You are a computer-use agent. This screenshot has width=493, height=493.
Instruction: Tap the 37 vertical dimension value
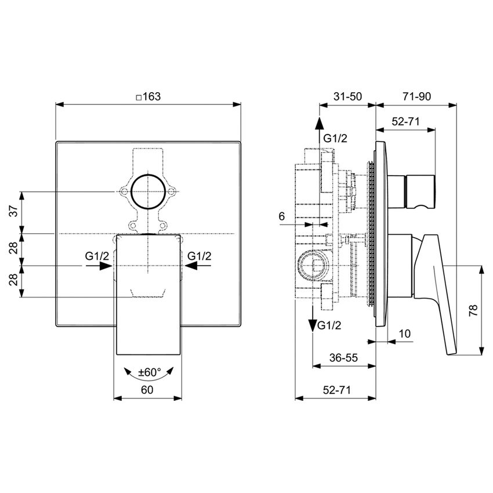click(x=13, y=211)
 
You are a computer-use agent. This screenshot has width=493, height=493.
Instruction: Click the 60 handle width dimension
click(x=147, y=390)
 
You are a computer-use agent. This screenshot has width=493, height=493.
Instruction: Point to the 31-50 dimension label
click(x=348, y=96)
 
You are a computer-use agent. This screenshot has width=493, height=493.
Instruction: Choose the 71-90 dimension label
click(x=416, y=96)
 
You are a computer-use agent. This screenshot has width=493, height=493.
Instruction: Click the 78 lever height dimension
click(x=473, y=310)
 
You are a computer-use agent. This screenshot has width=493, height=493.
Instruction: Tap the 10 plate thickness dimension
click(x=405, y=333)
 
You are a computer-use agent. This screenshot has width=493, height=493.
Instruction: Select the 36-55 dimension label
click(x=344, y=357)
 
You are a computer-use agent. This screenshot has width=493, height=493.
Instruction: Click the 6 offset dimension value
click(x=282, y=216)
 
